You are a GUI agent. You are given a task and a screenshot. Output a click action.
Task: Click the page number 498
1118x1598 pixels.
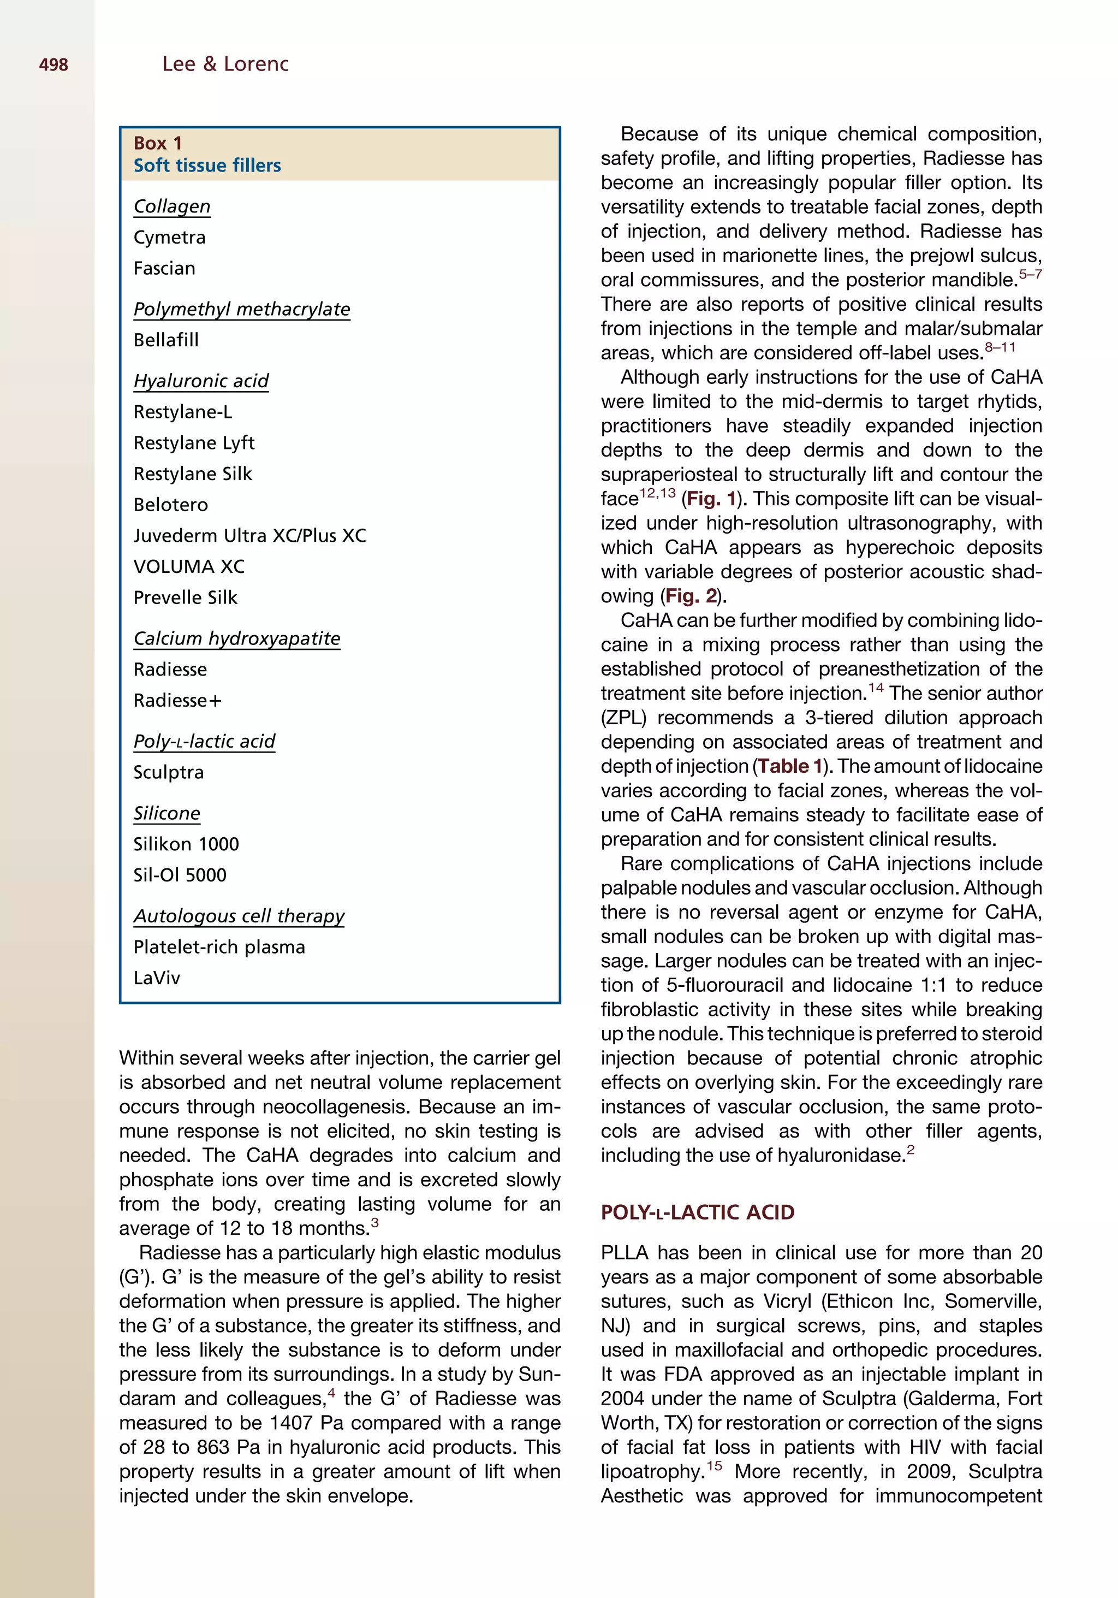53,65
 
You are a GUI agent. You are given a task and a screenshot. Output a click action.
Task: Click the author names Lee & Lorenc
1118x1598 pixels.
225,64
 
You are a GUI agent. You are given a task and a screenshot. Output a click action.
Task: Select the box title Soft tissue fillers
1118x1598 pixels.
207,165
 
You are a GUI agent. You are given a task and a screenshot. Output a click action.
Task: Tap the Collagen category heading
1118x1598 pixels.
172,206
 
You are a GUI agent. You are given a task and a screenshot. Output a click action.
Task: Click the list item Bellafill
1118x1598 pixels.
166,340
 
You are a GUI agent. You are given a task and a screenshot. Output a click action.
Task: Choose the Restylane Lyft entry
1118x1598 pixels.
194,443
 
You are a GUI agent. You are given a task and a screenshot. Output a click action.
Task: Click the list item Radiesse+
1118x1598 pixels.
177,701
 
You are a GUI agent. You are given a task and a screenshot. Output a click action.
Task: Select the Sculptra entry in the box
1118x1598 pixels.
168,773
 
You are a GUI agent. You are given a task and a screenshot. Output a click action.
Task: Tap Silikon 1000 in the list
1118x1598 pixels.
186,844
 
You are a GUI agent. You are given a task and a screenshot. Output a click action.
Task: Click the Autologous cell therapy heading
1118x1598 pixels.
239,916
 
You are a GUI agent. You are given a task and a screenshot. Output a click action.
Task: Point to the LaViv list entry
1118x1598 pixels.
157,978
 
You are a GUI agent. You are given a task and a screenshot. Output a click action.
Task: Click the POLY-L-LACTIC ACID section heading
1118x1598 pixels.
697,1212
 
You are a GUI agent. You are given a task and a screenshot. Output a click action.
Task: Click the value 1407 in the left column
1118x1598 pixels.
292,1423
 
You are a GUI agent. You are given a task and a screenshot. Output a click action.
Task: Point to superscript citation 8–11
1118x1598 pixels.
1000,347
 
